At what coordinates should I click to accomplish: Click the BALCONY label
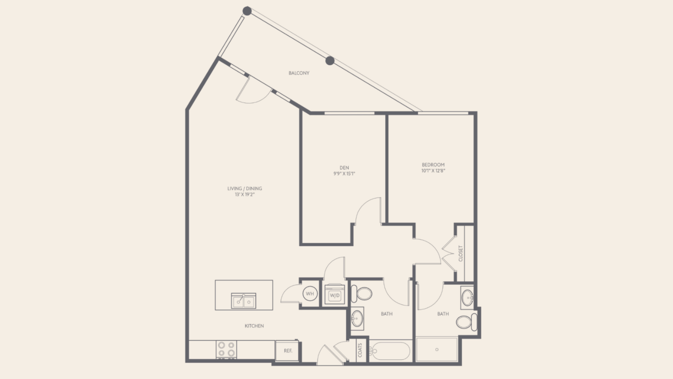(x=299, y=73)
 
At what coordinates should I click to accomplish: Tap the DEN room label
(x=344, y=168)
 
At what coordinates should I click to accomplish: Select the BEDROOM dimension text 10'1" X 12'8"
(x=433, y=171)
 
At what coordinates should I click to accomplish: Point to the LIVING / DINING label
(x=244, y=189)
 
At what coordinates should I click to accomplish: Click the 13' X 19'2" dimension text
(x=244, y=195)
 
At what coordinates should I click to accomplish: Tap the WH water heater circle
(x=310, y=294)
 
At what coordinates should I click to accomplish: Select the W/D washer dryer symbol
(x=335, y=294)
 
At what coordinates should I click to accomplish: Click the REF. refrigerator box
(x=287, y=351)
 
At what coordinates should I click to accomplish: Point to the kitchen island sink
(x=244, y=301)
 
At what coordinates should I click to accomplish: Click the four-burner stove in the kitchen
(x=226, y=350)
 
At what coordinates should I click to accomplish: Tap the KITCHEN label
(x=254, y=326)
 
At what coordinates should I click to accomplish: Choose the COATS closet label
(x=360, y=350)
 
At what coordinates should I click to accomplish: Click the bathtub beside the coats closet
(x=389, y=351)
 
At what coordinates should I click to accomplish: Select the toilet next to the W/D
(x=362, y=294)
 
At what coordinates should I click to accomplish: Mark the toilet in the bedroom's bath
(x=466, y=322)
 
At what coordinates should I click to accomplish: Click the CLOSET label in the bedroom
(x=461, y=254)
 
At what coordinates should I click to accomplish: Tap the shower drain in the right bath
(x=437, y=350)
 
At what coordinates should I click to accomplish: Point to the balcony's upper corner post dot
(x=247, y=11)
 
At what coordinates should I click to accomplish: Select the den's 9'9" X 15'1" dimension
(x=344, y=174)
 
